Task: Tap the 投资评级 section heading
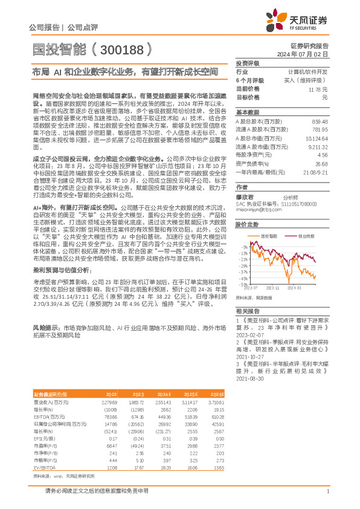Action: (x=247, y=63)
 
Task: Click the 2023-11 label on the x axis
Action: (x=272, y=288)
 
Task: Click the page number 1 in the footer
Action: (x=327, y=491)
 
